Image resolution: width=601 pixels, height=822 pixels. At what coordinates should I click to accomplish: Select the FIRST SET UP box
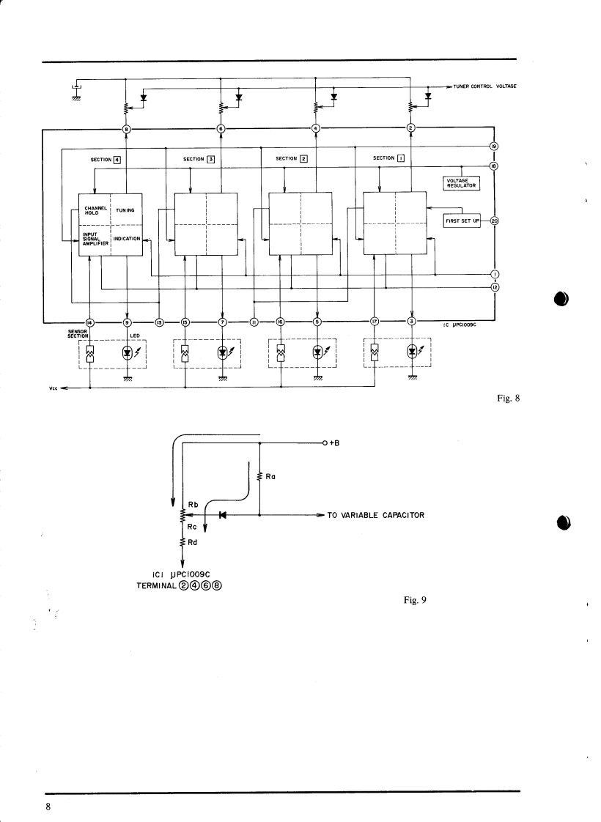click(462, 221)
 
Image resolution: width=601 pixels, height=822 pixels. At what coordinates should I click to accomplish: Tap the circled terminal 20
click(494, 221)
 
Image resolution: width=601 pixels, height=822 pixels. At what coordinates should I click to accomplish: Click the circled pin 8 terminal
click(127, 130)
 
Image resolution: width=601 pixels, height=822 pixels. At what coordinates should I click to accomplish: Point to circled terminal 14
click(90, 322)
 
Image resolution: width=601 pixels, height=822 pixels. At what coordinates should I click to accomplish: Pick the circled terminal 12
click(494, 287)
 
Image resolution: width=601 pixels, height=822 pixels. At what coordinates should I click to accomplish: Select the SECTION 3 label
click(199, 158)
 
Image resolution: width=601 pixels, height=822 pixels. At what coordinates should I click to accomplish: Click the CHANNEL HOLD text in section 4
click(96, 211)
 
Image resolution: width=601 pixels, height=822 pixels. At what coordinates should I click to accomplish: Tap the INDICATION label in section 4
click(127, 239)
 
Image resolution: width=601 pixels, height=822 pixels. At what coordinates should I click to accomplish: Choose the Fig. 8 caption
click(507, 399)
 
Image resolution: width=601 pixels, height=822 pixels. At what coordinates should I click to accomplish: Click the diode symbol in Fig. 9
click(222, 515)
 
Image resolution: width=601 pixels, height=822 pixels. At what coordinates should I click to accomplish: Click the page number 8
click(48, 807)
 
